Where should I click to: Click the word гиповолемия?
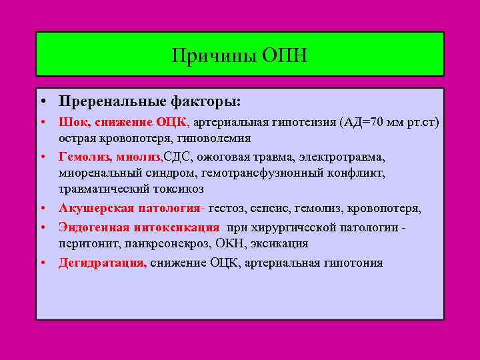(213, 138)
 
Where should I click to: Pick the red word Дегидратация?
(102, 263)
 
